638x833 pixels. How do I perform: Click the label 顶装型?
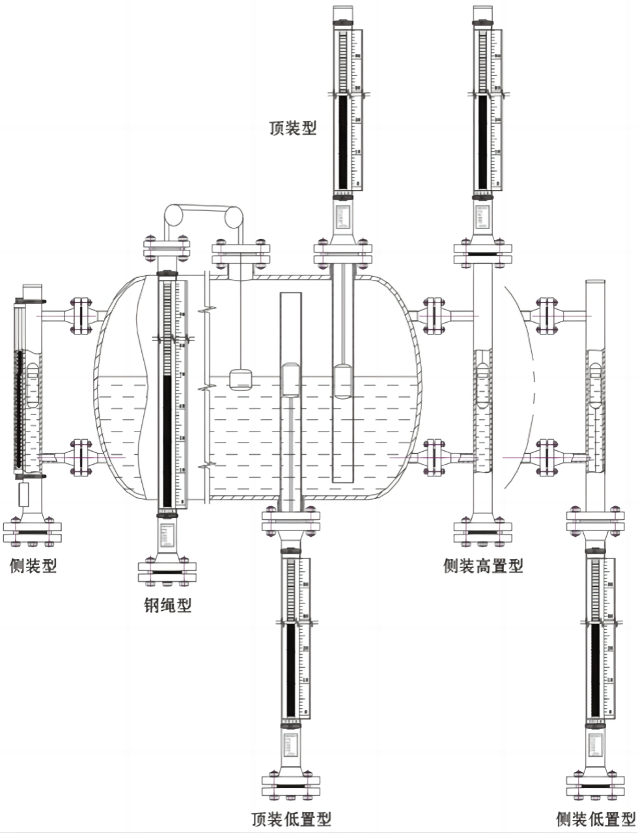tap(293, 128)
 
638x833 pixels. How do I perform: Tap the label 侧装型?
tap(33, 566)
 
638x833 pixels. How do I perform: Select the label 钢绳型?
tap(167, 606)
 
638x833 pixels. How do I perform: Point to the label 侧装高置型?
tap(483, 566)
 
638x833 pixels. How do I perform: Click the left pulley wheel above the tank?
tap(174, 216)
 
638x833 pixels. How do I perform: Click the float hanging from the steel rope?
tap(241, 379)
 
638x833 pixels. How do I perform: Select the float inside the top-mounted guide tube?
tap(342, 381)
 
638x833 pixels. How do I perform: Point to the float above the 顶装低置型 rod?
tap(291, 380)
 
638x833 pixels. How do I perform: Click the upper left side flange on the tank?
tap(81, 315)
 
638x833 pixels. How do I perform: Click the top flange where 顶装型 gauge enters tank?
tap(343, 254)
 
